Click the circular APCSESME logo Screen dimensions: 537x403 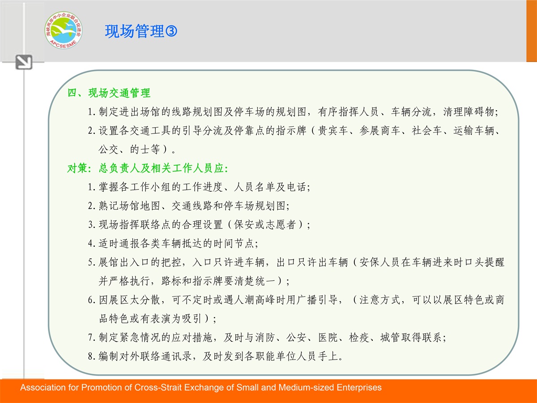(x=64, y=30)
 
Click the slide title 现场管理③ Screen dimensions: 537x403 (x=141, y=31)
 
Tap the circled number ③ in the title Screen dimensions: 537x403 (x=171, y=31)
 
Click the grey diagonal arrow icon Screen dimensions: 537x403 (x=24, y=62)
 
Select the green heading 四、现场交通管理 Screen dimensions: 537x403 (x=109, y=93)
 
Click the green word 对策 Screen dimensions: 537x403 (x=77, y=168)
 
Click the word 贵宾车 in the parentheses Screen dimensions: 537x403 (x=333, y=131)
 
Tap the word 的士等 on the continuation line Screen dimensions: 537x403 (x=145, y=149)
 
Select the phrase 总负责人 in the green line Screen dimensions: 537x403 (x=119, y=168)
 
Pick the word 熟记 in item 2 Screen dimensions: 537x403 (x=109, y=206)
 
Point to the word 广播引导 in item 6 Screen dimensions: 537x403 (x=317, y=300)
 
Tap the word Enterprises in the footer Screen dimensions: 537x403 (x=359, y=388)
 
